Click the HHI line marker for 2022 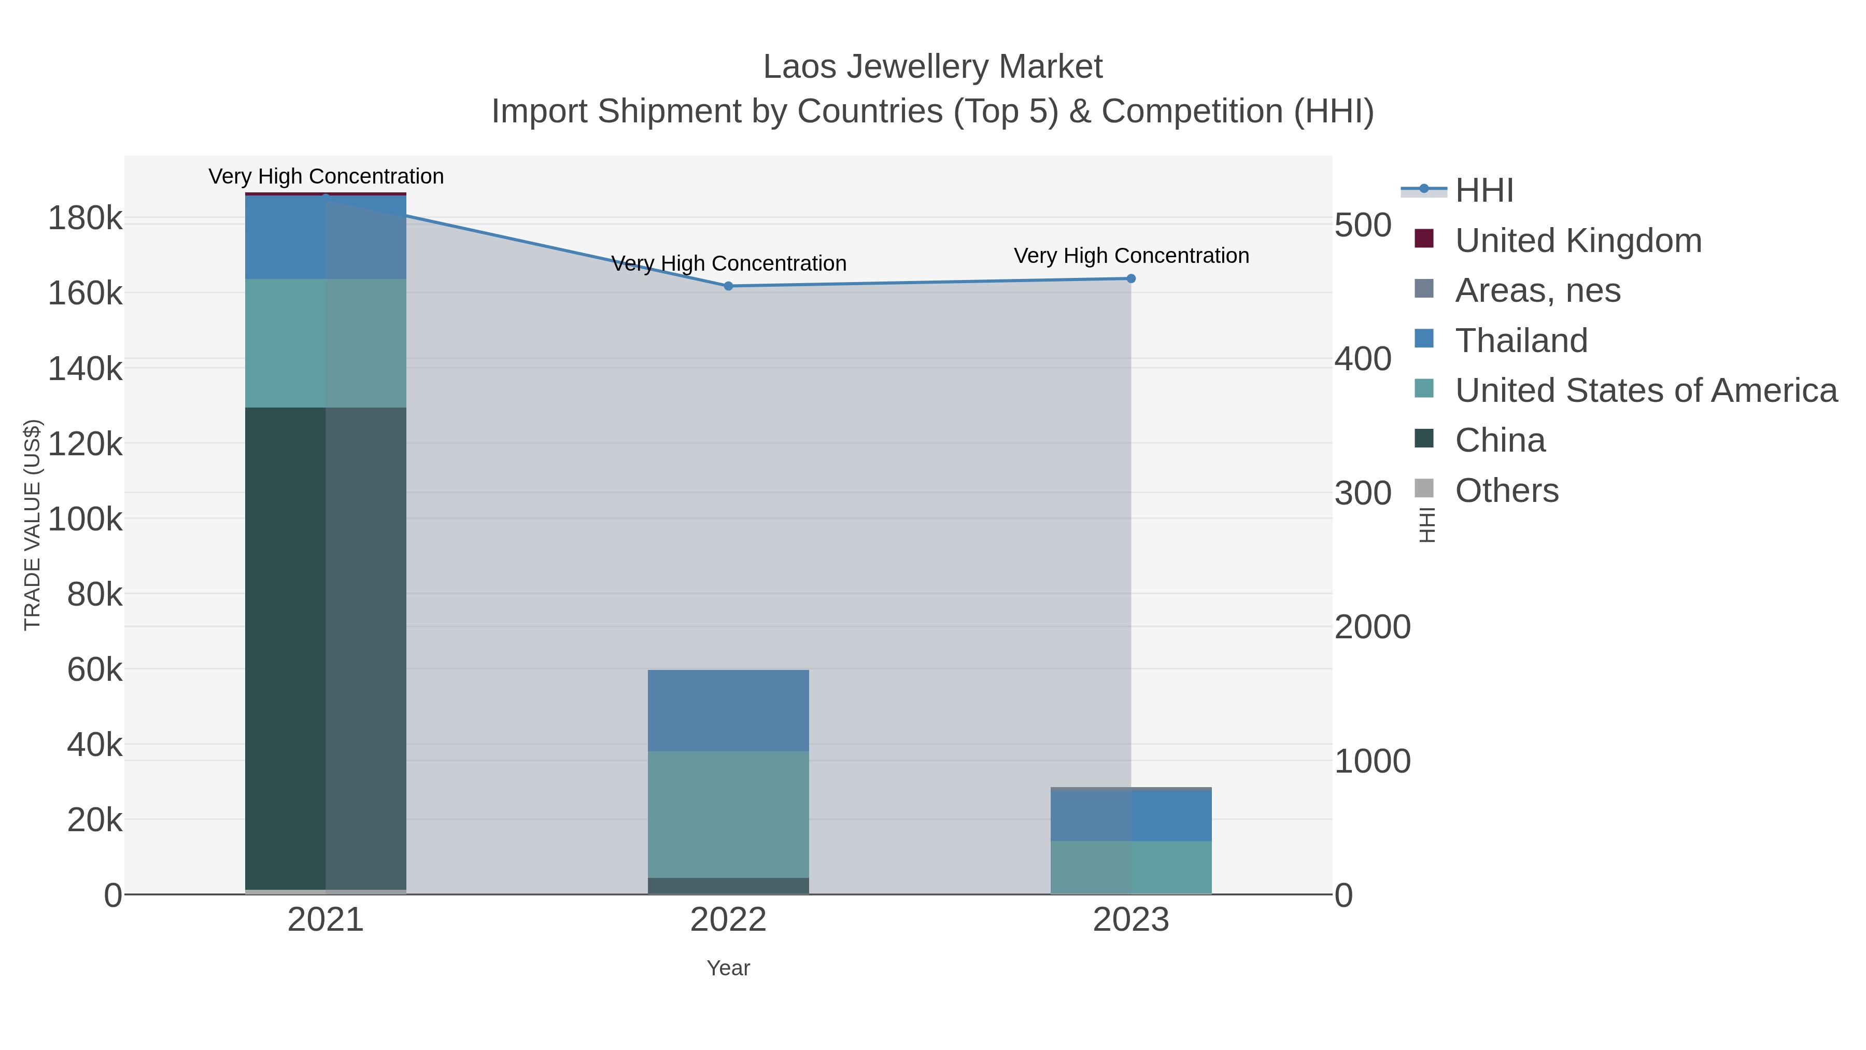click(x=728, y=286)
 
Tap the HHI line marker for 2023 click(x=1131, y=278)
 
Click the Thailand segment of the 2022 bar click(x=728, y=710)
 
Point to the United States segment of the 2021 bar click(x=325, y=343)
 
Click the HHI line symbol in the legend click(x=1423, y=189)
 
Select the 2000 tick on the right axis click(x=1372, y=627)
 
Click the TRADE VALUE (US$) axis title click(x=33, y=525)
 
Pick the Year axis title click(x=728, y=968)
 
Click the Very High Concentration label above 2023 click(x=1131, y=256)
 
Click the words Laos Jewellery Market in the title click(x=932, y=67)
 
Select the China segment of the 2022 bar click(x=728, y=886)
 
